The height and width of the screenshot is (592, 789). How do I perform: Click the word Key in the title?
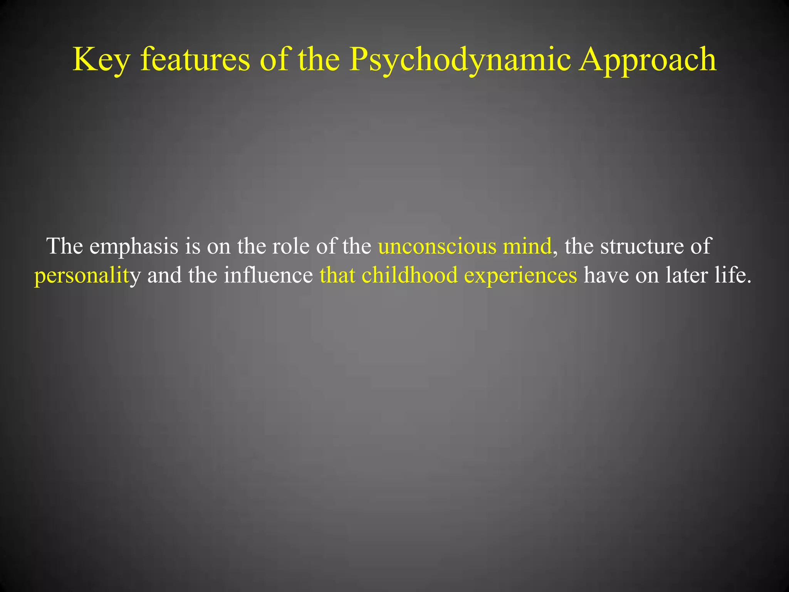[101, 60]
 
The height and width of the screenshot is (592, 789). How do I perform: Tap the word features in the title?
[195, 60]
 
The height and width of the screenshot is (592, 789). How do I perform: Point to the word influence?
[268, 275]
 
